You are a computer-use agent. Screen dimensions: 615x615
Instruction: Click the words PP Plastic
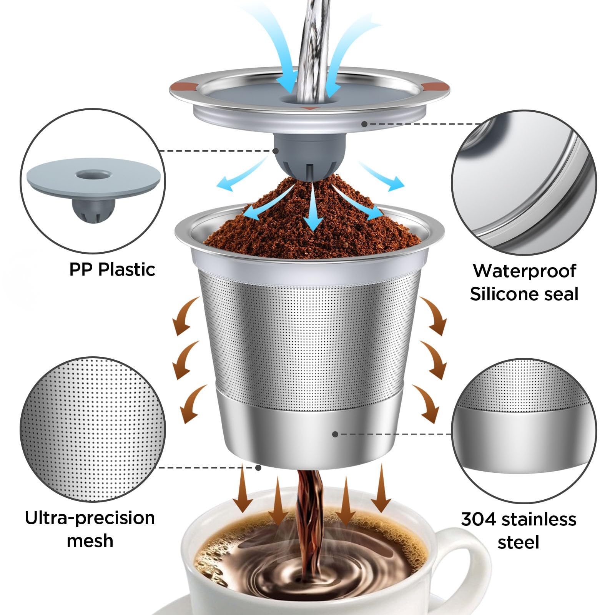pos(112,269)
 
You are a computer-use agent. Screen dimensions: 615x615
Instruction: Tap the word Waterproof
pos(524,271)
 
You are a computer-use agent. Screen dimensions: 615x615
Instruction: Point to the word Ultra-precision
pos(90,518)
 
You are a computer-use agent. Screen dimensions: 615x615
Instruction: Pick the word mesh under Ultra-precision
pos(90,541)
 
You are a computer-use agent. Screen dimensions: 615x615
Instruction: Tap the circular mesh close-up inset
pos(93,429)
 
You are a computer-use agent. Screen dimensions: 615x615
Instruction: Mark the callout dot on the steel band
pos(335,434)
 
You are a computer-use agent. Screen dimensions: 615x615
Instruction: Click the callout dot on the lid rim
pos(364,124)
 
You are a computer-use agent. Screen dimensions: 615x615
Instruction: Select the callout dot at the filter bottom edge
pos(258,468)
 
